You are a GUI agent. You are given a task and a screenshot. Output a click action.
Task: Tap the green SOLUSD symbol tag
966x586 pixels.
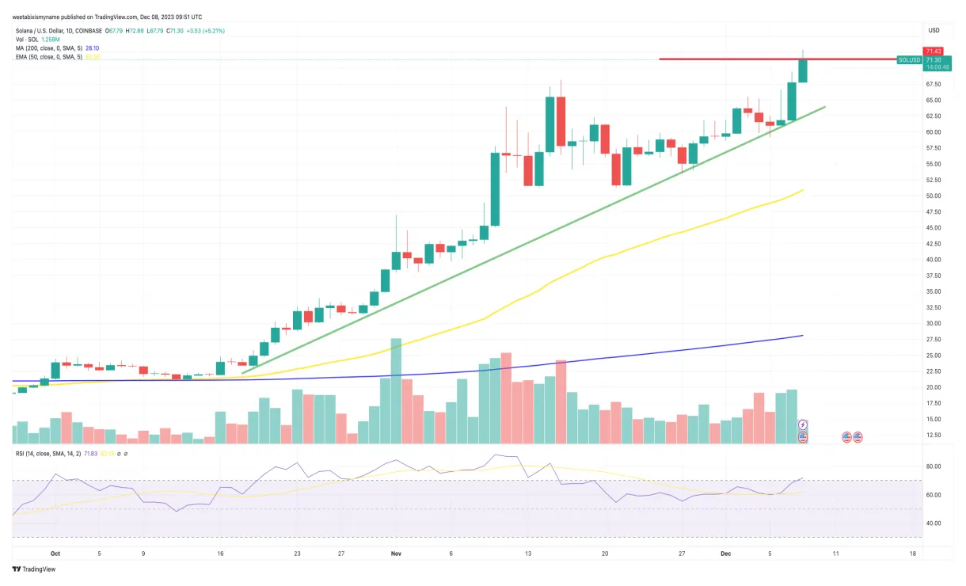(909, 60)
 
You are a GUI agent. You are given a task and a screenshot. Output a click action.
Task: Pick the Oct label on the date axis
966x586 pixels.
(55, 554)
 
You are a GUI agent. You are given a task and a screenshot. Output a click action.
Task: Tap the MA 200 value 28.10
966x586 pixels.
(92, 48)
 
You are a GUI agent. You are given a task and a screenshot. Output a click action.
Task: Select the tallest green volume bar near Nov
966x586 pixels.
(396, 390)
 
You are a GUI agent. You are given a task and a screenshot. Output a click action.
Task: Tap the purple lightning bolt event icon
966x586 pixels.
(803, 425)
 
